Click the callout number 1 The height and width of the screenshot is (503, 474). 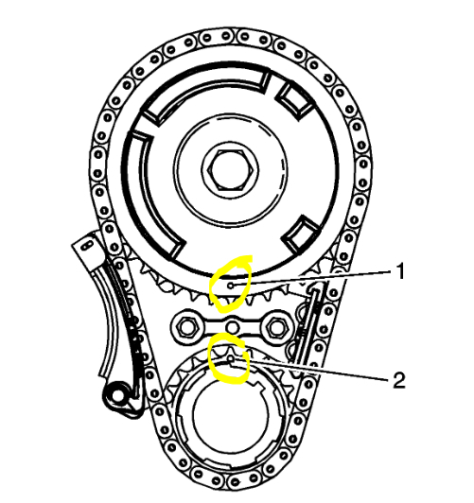click(x=399, y=271)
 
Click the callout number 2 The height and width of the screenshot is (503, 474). click(x=399, y=380)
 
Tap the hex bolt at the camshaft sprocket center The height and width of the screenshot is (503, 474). click(x=230, y=170)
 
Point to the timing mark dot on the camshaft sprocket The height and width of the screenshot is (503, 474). click(x=231, y=285)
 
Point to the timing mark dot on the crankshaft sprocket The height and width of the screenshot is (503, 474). click(x=230, y=359)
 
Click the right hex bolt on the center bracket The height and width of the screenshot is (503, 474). click(x=275, y=327)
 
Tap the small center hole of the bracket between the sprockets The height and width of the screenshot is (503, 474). click(x=231, y=327)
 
